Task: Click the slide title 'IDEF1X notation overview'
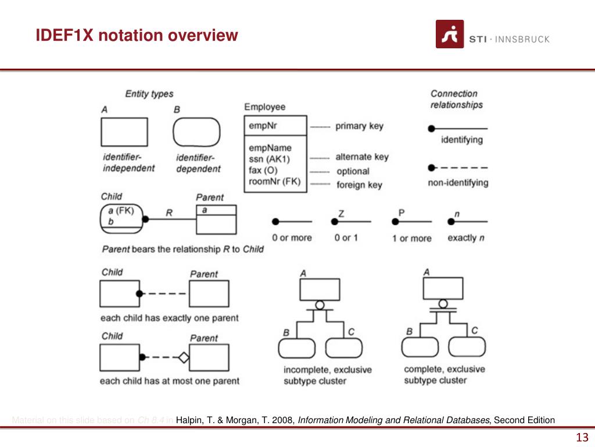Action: [x=137, y=36]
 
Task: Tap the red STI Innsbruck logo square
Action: [x=450, y=34]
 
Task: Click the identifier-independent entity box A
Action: [x=124, y=132]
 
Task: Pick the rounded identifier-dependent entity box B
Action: [x=196, y=132]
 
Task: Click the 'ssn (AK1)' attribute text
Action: [x=269, y=159]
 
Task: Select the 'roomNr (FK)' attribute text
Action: [x=275, y=182]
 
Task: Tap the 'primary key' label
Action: [x=359, y=126]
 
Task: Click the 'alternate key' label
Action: [x=361, y=157]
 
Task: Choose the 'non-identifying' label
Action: [x=458, y=183]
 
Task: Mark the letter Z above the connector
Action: [x=341, y=214]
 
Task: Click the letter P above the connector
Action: [x=401, y=213]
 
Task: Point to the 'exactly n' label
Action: [x=466, y=237]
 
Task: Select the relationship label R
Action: [x=169, y=212]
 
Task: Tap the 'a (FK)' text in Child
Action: [x=121, y=211]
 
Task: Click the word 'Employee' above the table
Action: [x=264, y=107]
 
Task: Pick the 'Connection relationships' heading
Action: [x=457, y=99]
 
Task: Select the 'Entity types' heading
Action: [x=149, y=93]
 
